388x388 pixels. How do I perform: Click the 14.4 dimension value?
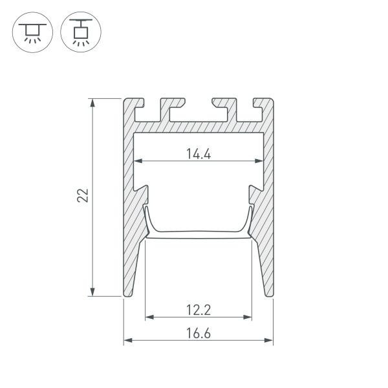click(199, 154)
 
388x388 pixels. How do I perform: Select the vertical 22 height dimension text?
click(83, 197)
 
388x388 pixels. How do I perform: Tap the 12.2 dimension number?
click(199, 310)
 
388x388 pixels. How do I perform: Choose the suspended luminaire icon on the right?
click(80, 32)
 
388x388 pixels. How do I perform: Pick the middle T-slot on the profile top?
click(199, 108)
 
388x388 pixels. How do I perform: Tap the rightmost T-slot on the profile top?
click(245, 108)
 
